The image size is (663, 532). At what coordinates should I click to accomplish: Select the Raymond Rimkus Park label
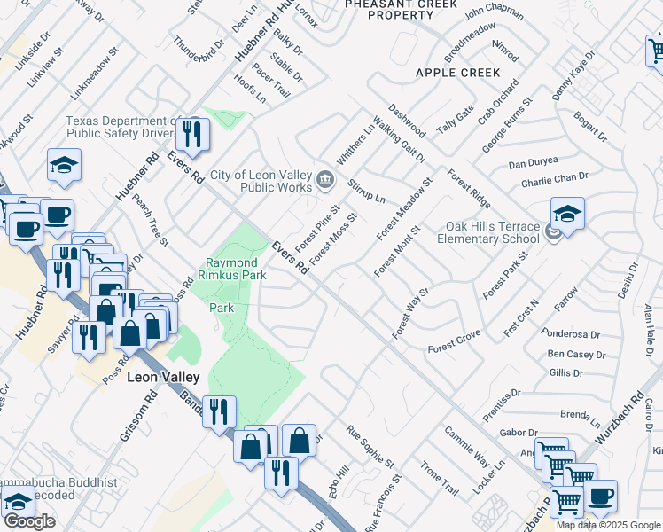click(x=231, y=270)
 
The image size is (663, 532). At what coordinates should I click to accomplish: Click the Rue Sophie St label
click(x=371, y=448)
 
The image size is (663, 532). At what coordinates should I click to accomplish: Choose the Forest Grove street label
click(x=454, y=341)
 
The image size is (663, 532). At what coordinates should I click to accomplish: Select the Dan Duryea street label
click(x=534, y=163)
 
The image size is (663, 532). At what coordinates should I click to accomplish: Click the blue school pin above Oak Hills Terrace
click(x=567, y=213)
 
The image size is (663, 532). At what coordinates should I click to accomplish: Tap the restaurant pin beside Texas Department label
click(x=191, y=134)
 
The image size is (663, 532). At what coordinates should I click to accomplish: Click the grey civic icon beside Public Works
click(x=325, y=181)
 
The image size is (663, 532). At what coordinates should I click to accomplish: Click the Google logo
click(x=28, y=521)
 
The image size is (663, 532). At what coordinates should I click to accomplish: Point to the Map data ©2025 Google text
click(x=608, y=525)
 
